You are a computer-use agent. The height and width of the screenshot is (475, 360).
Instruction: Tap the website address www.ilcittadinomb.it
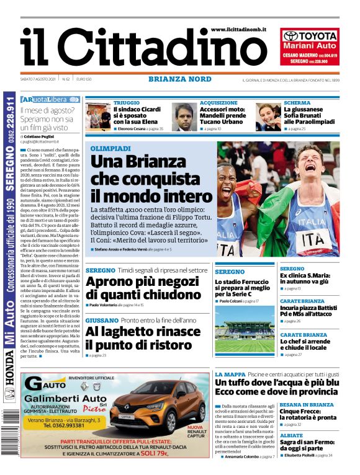(238, 29)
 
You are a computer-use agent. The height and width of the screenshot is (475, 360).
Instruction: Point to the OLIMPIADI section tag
(110, 149)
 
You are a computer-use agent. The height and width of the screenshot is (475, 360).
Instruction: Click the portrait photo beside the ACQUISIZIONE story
(184, 117)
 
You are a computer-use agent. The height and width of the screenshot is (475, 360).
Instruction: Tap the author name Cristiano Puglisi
(43, 136)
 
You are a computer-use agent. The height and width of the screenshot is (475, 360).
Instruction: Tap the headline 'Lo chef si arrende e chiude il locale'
(305, 344)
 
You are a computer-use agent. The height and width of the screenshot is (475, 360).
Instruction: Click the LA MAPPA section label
(230, 375)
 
